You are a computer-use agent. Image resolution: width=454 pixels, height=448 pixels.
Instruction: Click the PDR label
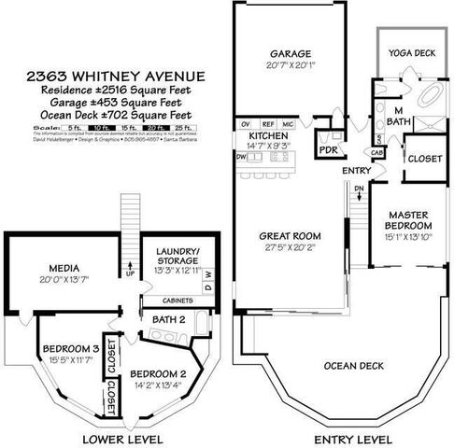329,149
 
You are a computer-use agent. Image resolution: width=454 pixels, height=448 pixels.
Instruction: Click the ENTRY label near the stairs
356,171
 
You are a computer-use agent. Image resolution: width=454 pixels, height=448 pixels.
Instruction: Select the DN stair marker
360,190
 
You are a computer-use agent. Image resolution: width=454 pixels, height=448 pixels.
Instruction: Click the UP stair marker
130,275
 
